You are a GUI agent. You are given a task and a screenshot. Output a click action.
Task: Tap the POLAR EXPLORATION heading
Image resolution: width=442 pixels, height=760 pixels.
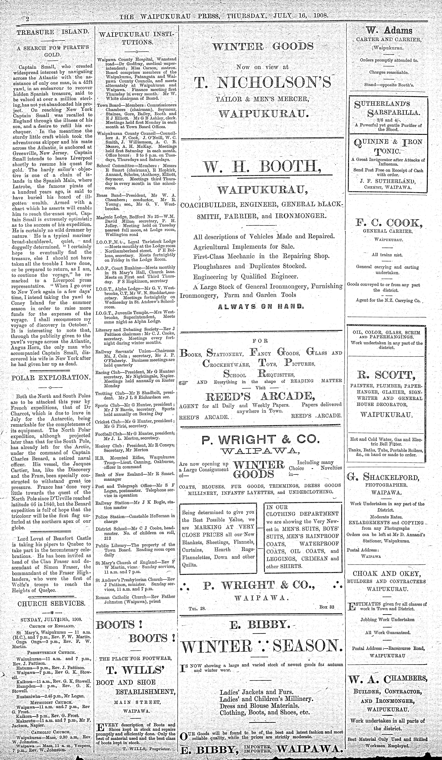51,377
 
